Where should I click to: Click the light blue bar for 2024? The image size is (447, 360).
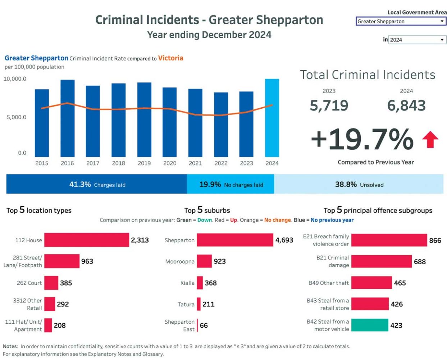[x=272, y=118]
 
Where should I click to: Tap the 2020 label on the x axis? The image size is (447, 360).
[x=170, y=163]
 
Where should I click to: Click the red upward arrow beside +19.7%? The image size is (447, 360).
[x=430, y=140]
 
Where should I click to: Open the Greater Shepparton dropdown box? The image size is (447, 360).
[x=401, y=21]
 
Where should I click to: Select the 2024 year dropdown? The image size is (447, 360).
[x=417, y=40]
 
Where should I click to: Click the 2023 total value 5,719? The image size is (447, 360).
[x=329, y=105]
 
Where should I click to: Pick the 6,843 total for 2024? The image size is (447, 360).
[x=406, y=105]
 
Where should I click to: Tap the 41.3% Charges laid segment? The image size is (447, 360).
[x=97, y=184]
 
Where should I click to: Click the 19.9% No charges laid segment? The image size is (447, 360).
[x=231, y=184]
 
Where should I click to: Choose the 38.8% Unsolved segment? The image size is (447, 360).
[x=359, y=184]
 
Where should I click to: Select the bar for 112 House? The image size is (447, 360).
[x=86, y=240]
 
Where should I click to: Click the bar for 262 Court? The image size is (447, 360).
[x=51, y=283]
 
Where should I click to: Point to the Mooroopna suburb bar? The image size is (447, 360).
[x=204, y=261]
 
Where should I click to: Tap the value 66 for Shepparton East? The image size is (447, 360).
[x=204, y=325]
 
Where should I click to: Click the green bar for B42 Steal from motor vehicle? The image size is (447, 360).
[x=370, y=325]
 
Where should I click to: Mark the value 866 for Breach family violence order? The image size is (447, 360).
[x=435, y=240]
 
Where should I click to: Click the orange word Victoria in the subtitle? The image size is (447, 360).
[x=170, y=58]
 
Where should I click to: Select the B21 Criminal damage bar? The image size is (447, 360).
[x=381, y=261]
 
